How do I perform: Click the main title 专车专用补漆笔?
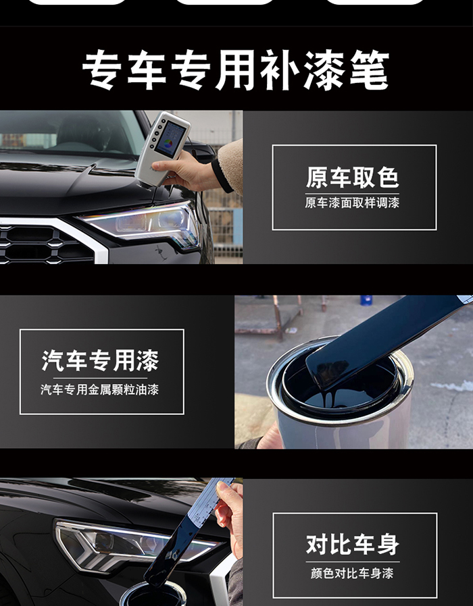[236, 70]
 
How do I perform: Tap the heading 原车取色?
[352, 177]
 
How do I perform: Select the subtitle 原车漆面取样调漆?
[352, 202]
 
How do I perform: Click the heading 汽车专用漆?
[100, 360]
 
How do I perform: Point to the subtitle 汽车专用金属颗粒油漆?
[100, 389]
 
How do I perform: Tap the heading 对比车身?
[352, 545]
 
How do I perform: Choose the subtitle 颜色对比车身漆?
[352, 573]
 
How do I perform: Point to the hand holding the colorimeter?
[181, 170]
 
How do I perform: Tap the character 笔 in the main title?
[369, 70]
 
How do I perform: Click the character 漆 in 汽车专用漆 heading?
[147, 360]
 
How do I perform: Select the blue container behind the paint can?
[366, 300]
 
